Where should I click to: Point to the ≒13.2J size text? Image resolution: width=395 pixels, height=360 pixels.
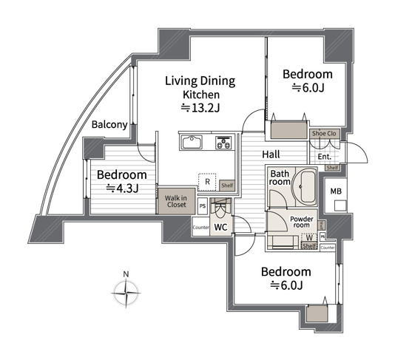click(x=200, y=108)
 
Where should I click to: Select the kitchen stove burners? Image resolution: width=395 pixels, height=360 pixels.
click(x=223, y=141)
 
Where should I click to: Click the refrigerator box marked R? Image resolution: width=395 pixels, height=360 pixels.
click(x=208, y=182)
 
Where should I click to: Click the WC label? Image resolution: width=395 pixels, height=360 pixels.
click(x=220, y=228)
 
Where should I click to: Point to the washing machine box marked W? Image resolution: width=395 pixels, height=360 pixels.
click(x=308, y=237)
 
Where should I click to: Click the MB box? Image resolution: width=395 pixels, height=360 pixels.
click(x=334, y=193)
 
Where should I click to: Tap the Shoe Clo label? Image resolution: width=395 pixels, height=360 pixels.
click(x=324, y=133)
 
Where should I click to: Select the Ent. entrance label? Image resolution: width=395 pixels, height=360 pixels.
click(x=324, y=156)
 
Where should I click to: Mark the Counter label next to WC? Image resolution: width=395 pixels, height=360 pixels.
click(x=200, y=228)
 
